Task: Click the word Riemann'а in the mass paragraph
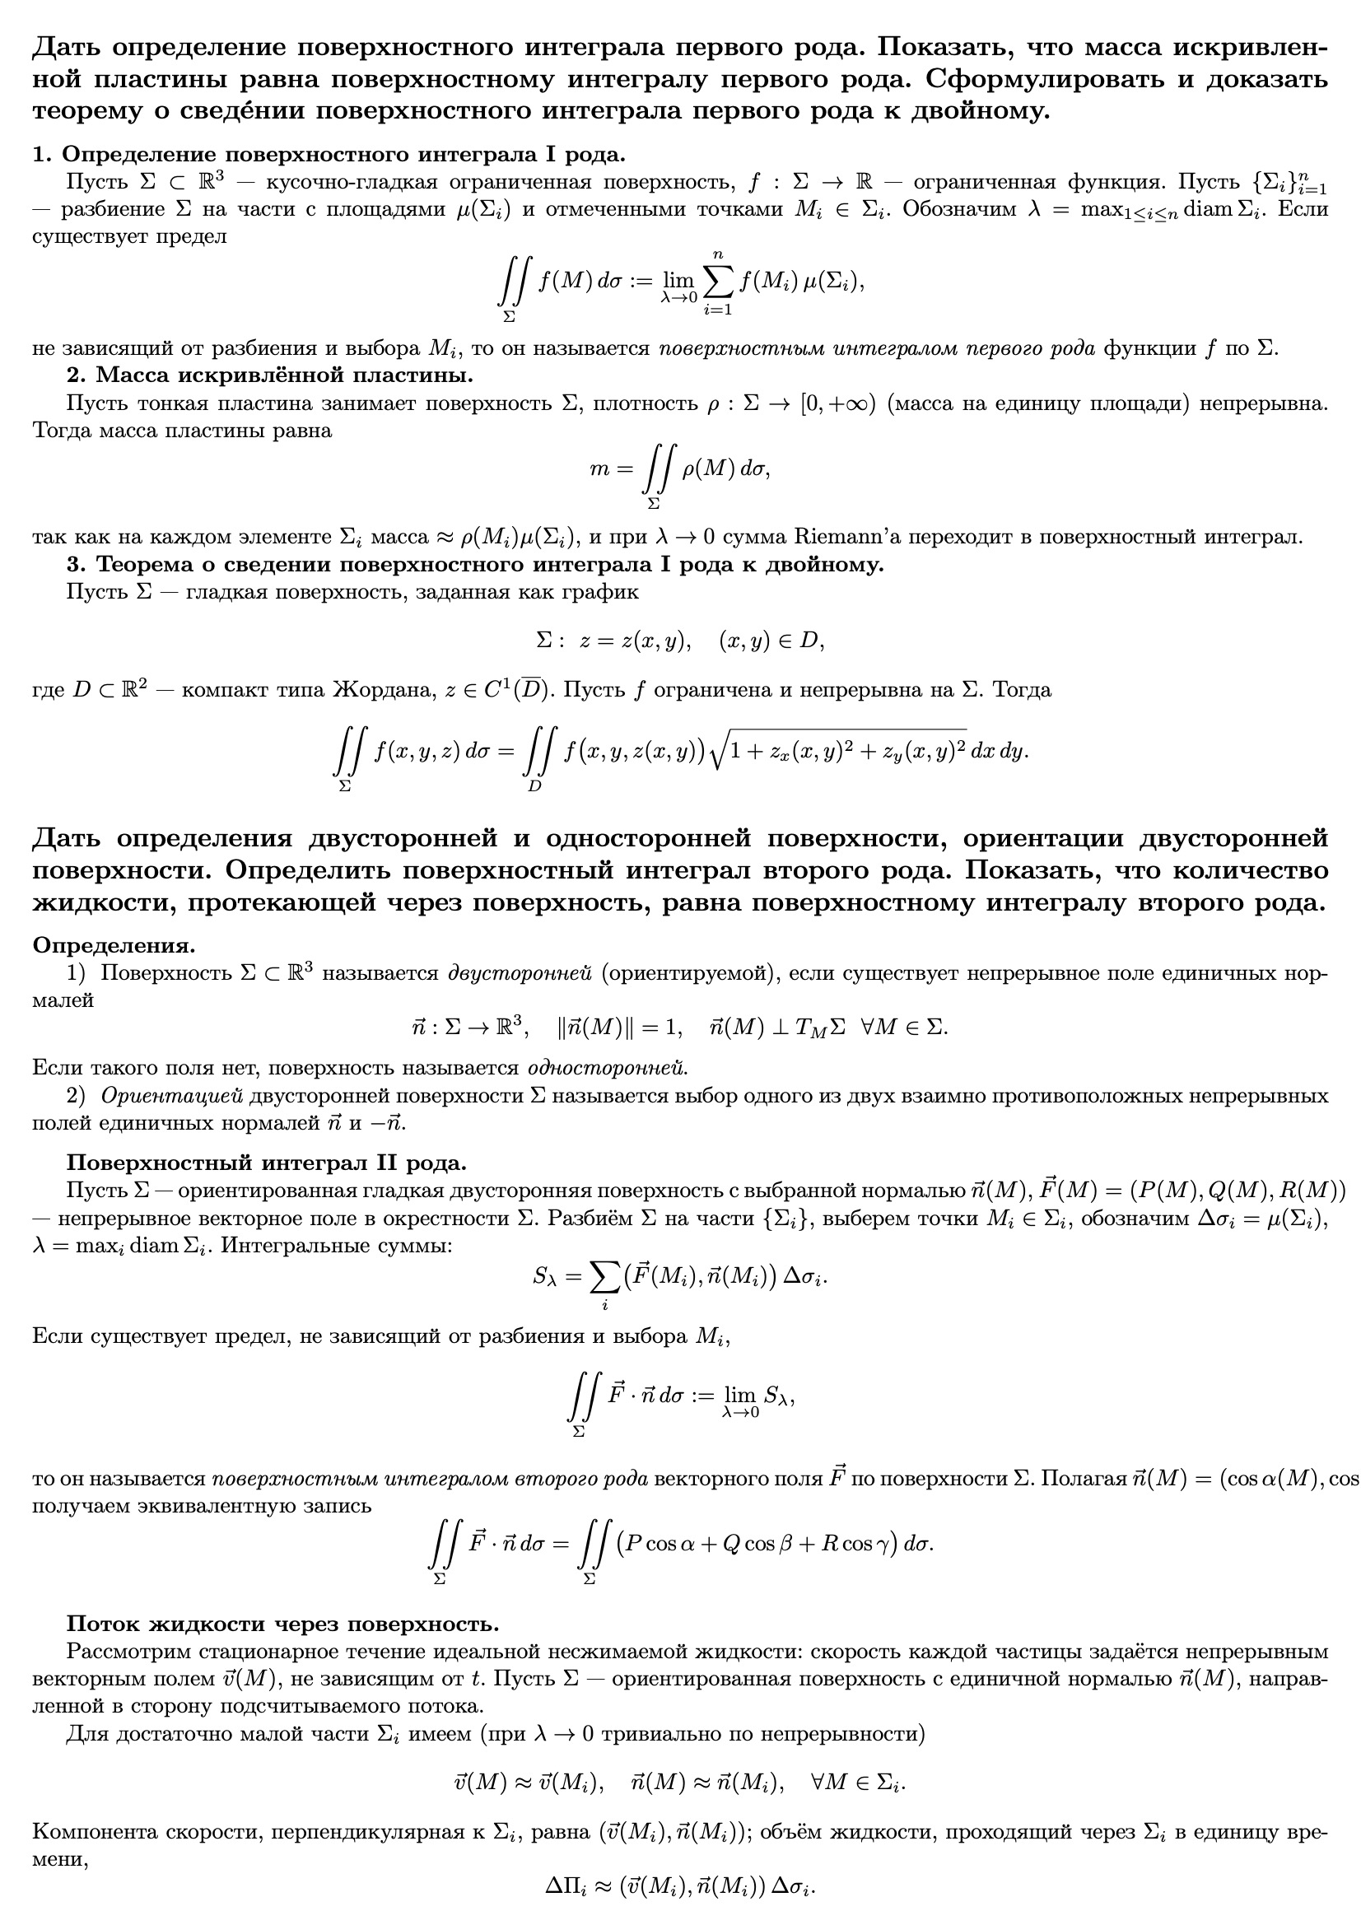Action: point(841,537)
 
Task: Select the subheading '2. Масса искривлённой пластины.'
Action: point(270,374)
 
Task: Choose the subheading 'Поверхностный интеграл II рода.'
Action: point(267,1163)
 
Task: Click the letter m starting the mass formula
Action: point(599,469)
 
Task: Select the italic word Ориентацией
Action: point(172,1095)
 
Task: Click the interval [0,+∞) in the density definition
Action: point(837,403)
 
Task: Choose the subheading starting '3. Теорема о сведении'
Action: point(475,564)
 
